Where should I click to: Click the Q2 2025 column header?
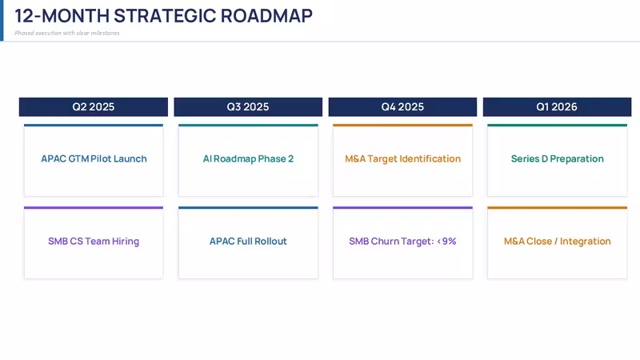(x=94, y=107)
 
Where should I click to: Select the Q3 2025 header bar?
(x=248, y=107)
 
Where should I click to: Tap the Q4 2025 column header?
(x=402, y=107)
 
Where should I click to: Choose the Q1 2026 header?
(x=557, y=107)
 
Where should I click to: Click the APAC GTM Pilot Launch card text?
(x=94, y=158)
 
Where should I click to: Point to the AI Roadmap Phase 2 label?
(x=248, y=158)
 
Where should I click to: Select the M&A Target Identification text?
(x=403, y=158)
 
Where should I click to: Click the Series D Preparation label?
(x=557, y=158)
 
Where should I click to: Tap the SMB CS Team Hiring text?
(x=94, y=242)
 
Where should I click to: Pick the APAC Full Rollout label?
(x=248, y=242)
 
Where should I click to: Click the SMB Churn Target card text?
(x=402, y=242)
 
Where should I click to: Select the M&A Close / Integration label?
(x=557, y=242)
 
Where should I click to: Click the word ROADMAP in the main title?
(x=266, y=16)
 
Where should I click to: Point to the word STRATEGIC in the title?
(x=165, y=16)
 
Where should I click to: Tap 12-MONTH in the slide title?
(x=62, y=16)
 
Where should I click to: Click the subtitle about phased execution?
(x=67, y=33)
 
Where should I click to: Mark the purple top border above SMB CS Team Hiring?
(x=94, y=208)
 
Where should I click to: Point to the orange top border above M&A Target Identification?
(x=403, y=126)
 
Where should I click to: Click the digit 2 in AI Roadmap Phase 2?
(x=291, y=158)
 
